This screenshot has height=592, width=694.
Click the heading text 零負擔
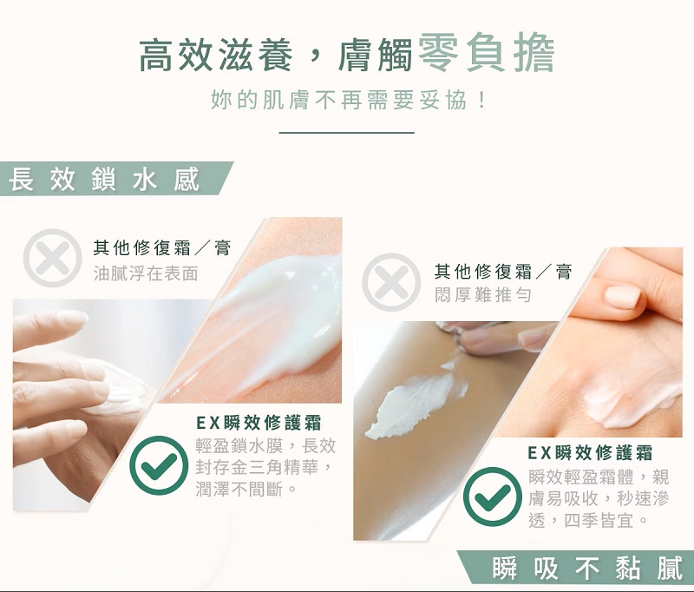486,53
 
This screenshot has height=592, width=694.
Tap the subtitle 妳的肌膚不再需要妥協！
349,100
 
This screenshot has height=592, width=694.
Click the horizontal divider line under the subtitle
346,133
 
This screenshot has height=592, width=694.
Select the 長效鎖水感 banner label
104,180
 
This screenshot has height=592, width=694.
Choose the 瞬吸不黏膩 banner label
587,568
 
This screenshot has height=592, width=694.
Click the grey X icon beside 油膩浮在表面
52,258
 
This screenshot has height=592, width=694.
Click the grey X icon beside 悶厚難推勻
391,282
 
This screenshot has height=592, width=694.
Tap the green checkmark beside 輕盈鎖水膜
160,465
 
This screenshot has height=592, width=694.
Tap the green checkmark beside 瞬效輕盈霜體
493,497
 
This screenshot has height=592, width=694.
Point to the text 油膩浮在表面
146,273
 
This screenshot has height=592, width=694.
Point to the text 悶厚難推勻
482,294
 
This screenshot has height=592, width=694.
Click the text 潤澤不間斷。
246,490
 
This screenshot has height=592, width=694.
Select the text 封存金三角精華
257,467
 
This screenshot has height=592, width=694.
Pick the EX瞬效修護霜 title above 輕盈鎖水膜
259,423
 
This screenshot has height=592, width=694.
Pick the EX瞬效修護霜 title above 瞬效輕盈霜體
590,452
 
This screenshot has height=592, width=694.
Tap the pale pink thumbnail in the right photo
622,297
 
